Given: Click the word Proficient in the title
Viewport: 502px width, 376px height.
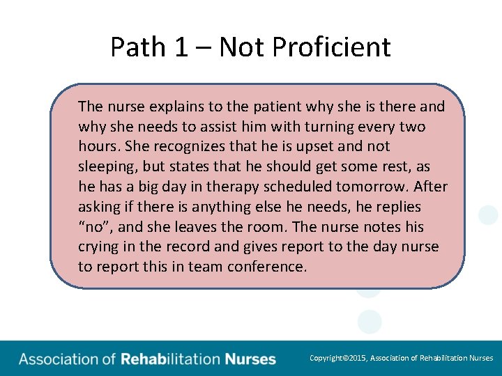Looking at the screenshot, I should [331, 47].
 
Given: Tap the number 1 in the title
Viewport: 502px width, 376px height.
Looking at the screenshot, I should [181, 47].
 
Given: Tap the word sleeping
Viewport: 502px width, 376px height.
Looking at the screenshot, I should [109, 167].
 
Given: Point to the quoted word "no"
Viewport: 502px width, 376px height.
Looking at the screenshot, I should [93, 227].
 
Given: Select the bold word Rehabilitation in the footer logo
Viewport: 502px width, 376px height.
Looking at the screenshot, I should [170, 359].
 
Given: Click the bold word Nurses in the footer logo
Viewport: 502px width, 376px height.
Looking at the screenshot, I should [250, 359].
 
